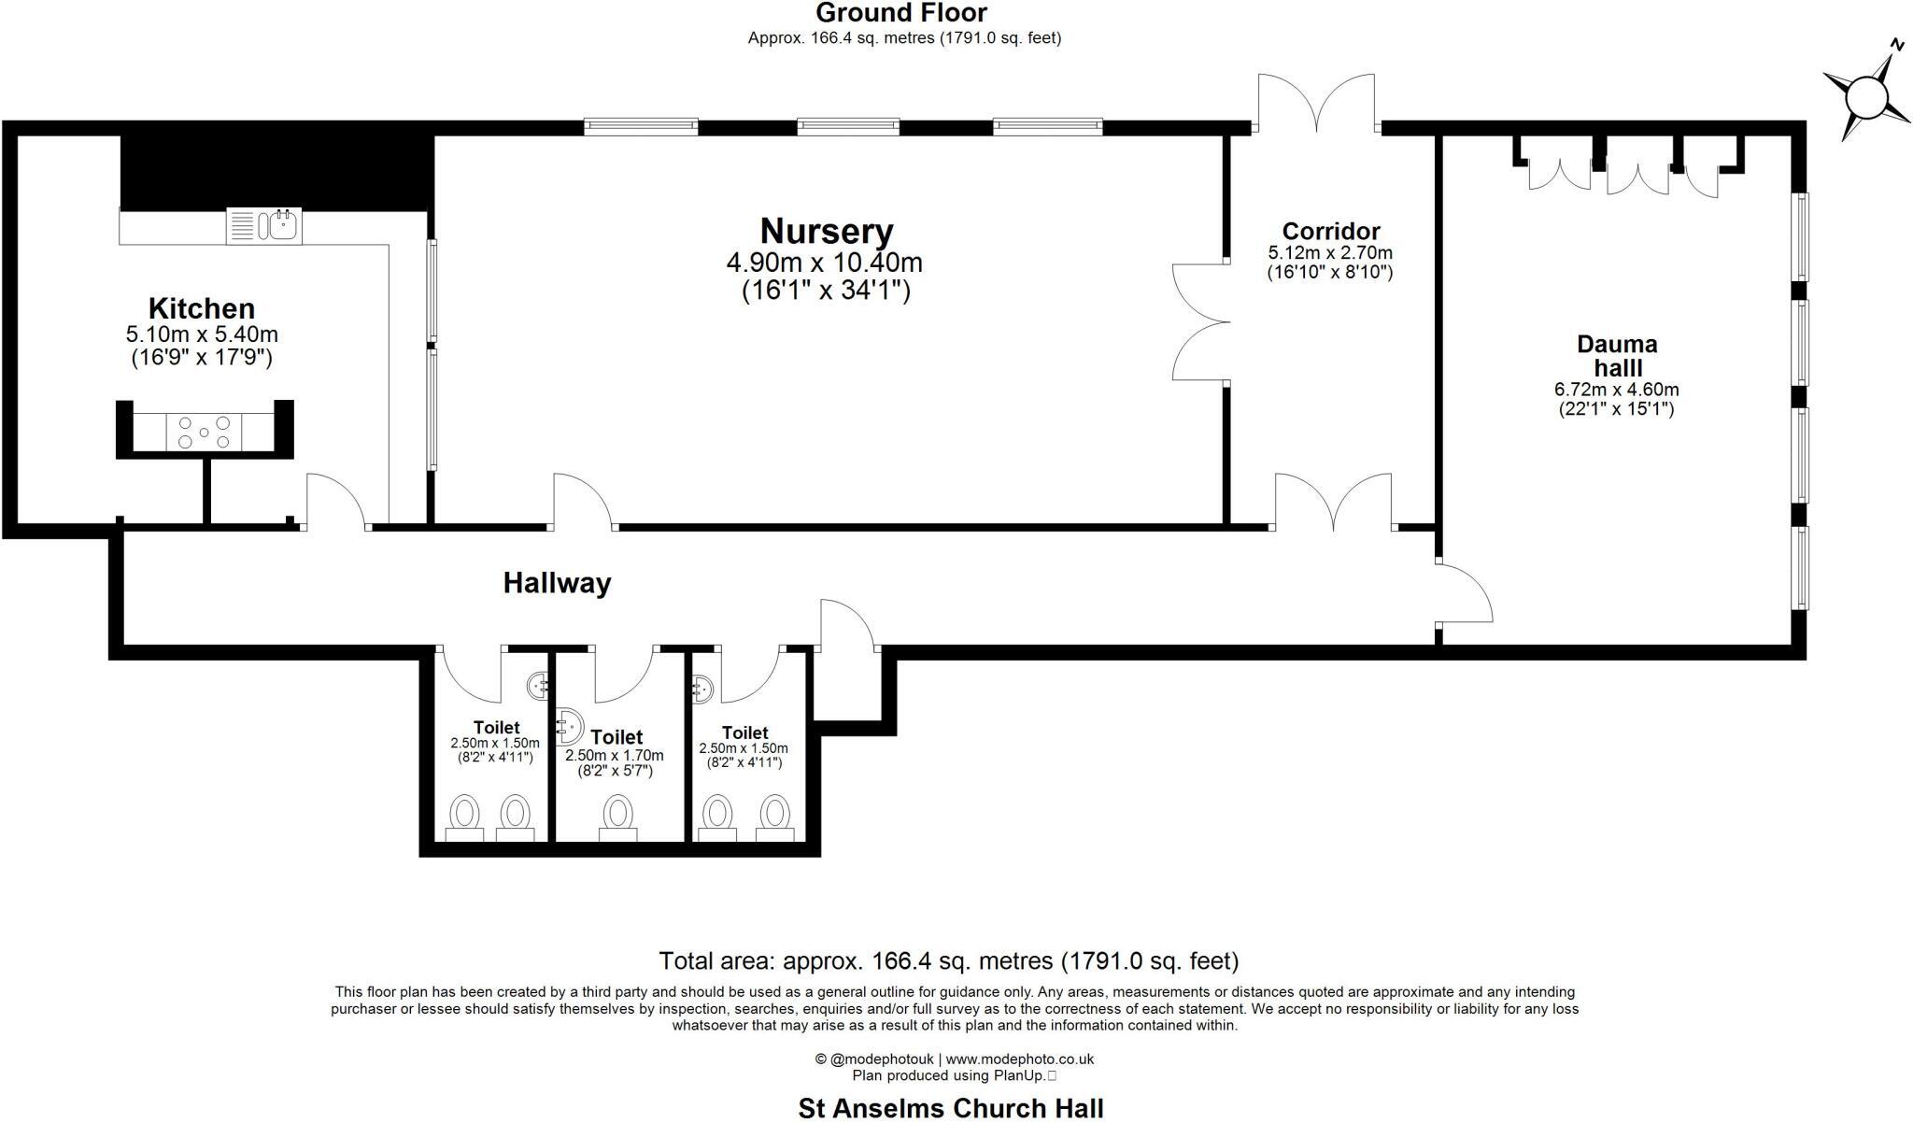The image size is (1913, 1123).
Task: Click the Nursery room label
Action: [826, 232]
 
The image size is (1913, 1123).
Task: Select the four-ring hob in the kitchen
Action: [204, 432]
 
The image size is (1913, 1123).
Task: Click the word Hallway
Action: [557, 583]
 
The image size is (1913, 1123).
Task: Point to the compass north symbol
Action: [1867, 95]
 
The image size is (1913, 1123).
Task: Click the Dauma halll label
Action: [1616, 355]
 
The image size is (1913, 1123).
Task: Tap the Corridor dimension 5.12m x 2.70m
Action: [1329, 253]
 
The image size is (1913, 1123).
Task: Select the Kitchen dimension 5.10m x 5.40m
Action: [202, 334]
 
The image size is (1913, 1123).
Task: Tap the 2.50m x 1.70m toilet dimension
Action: [614, 756]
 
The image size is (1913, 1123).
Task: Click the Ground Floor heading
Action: [901, 13]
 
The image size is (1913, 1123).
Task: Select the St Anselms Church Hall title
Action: [950, 1108]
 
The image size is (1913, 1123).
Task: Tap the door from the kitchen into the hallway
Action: [336, 502]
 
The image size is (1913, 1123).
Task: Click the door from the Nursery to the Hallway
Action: [584, 502]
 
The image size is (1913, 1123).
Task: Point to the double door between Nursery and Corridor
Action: [1201, 322]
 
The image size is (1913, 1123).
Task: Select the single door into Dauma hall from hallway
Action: [1463, 592]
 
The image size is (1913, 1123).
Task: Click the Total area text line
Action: [948, 960]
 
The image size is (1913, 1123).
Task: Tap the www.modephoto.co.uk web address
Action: [1019, 1059]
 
